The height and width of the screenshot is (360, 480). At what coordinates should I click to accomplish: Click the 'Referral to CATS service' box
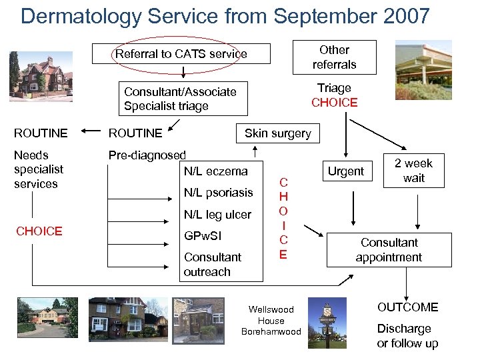pyautogui.click(x=181, y=54)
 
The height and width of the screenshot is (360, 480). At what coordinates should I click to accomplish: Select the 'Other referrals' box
pyautogui.click(x=334, y=57)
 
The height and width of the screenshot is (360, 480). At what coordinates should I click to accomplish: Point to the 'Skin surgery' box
pyautogui.click(x=277, y=133)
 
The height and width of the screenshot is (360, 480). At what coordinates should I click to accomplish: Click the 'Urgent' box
pyautogui.click(x=345, y=171)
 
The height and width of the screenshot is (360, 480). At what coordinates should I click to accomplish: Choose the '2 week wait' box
pyautogui.click(x=413, y=171)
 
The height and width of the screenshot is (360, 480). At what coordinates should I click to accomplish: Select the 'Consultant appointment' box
pyautogui.click(x=389, y=250)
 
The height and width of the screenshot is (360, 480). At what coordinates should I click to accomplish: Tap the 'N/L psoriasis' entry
pyautogui.click(x=218, y=193)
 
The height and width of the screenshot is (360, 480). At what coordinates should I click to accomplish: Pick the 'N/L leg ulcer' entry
pyautogui.click(x=217, y=215)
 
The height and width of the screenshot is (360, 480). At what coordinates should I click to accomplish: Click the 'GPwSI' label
pyautogui.click(x=203, y=236)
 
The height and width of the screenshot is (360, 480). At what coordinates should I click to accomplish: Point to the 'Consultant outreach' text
pyautogui.click(x=213, y=265)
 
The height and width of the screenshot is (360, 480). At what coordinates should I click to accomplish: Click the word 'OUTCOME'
pyautogui.click(x=407, y=307)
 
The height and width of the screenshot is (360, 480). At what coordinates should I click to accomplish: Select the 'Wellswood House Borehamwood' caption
pyautogui.click(x=271, y=321)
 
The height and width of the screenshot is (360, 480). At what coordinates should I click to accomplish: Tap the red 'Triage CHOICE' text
pyautogui.click(x=334, y=95)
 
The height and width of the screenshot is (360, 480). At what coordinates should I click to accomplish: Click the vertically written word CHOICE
pyautogui.click(x=283, y=218)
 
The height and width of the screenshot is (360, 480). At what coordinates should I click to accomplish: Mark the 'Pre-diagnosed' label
pyautogui.click(x=147, y=155)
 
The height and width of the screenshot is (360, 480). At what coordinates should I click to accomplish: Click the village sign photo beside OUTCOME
pyautogui.click(x=327, y=323)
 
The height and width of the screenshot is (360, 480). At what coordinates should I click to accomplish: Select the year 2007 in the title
pyautogui.click(x=399, y=15)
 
